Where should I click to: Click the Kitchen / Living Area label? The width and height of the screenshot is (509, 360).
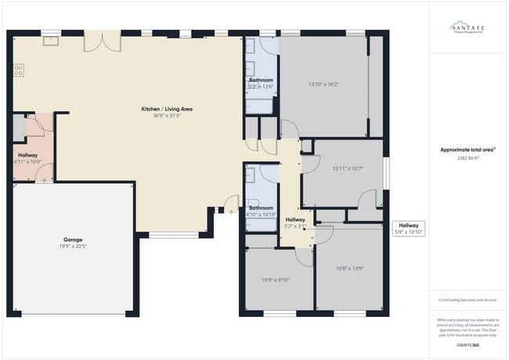pos(166,109)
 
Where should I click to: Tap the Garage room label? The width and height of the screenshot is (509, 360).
pos(73,239)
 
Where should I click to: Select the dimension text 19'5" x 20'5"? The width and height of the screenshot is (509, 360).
pos(73,247)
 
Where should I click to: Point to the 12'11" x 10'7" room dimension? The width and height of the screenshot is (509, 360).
pos(348,168)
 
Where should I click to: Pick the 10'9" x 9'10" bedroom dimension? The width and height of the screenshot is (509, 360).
pos(275,279)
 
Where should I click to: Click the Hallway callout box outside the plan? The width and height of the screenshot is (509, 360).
pos(407,229)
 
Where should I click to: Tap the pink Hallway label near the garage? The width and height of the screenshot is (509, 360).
pos(27,155)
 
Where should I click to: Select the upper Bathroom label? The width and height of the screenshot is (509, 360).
pos(261,80)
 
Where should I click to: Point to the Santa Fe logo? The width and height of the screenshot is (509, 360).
pos(467,28)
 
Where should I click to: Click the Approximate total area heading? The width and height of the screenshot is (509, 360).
pos(467,149)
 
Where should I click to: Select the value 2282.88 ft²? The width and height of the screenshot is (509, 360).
pos(467,157)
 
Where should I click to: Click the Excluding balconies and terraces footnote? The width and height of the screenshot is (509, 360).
pos(467,300)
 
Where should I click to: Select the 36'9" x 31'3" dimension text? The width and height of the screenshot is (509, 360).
pos(166,116)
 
